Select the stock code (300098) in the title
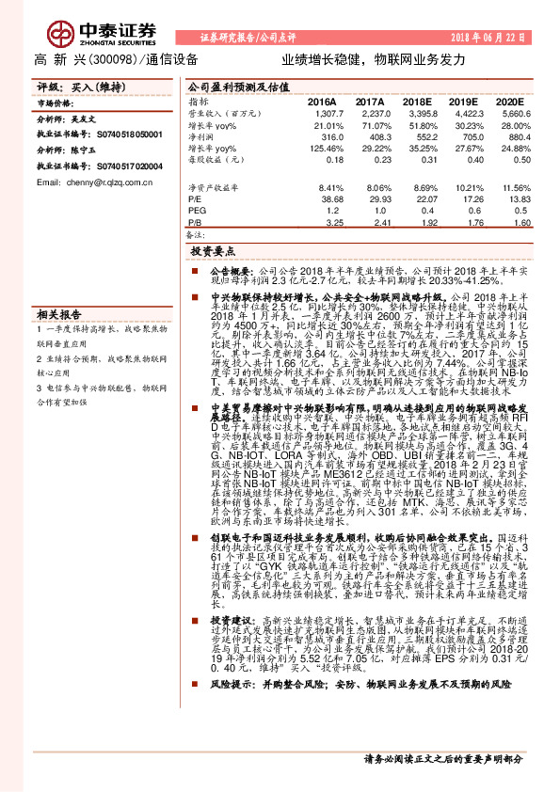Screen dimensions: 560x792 [122, 58]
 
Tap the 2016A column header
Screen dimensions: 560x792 [322, 100]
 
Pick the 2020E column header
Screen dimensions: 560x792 [509, 100]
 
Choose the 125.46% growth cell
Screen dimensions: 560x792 [326, 148]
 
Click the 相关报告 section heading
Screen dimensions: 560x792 [59, 314]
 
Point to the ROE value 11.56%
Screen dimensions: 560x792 [511, 188]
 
